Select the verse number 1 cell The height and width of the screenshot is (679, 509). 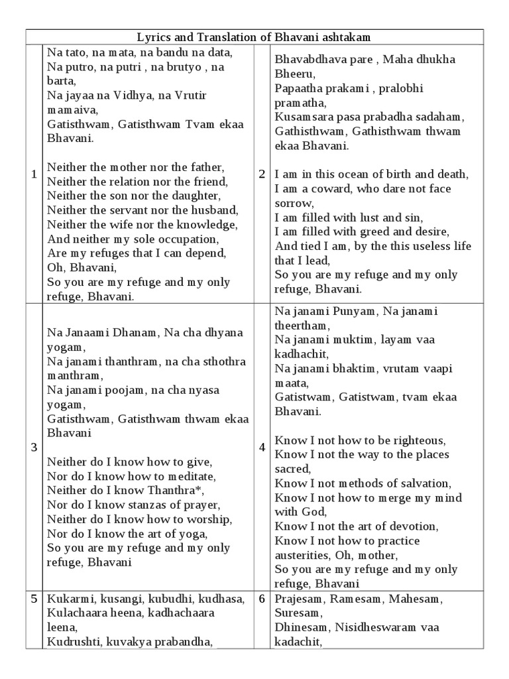point(34,174)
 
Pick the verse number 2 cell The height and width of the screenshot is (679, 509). point(262,174)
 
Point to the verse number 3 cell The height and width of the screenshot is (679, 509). point(34,447)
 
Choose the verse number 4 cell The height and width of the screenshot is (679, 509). point(262,447)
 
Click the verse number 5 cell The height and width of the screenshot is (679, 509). point(34,599)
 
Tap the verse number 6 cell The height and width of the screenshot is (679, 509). point(262,599)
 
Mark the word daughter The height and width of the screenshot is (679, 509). point(191,196)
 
